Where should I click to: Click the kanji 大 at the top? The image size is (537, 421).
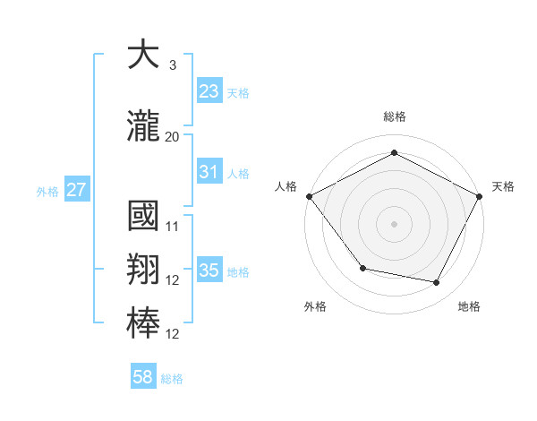143,56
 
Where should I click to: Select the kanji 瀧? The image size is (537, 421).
143,128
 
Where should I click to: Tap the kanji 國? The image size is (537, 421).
143,217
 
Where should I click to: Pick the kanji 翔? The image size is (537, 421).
143,270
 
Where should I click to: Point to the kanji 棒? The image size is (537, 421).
143,322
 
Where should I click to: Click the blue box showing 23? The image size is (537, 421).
209,90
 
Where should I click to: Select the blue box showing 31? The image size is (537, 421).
209,172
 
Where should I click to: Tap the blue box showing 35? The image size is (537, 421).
209,271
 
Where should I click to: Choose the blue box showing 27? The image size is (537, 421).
76,190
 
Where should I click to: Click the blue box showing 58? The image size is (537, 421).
143,377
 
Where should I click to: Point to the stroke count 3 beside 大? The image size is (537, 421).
172,64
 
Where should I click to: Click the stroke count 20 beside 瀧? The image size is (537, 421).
172,137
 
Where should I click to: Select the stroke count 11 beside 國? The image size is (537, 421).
173,226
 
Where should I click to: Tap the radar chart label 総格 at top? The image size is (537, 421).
394,117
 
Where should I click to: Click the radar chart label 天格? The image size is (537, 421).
503,186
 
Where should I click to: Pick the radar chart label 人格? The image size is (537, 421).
286,186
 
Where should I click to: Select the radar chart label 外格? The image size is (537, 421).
315,306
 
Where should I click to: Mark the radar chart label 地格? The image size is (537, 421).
469,306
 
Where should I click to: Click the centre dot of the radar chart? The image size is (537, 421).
394,223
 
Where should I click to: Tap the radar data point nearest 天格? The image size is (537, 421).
480,195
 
